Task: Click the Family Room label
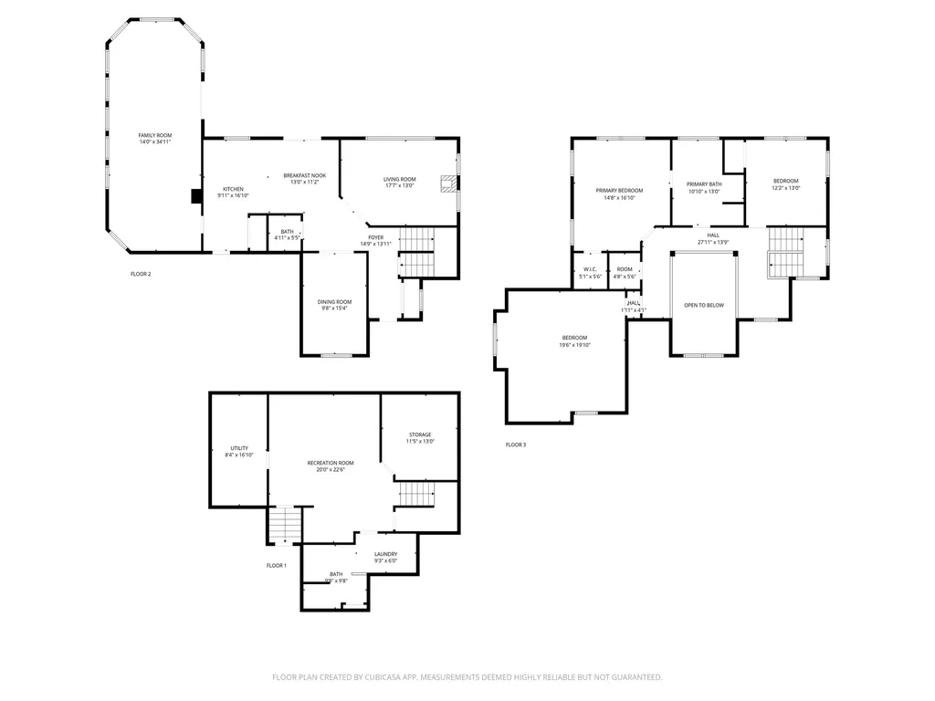coord(155,135)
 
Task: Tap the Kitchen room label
coord(234,189)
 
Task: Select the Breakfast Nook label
coord(305,175)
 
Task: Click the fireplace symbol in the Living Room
coord(448,184)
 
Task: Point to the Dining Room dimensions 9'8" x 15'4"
coord(334,309)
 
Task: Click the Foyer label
coord(375,237)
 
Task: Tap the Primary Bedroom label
coord(620,190)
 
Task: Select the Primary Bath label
coord(704,184)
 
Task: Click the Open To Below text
coord(704,305)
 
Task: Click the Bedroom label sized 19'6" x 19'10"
coord(575,338)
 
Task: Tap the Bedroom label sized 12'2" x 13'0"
coord(786,181)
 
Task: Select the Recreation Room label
coord(331,463)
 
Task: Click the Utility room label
coord(239,448)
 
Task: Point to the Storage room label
coord(420,434)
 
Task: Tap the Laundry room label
coord(385,554)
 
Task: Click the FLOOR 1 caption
coord(277,566)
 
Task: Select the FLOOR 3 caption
coord(516,445)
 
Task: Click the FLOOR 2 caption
coord(141,273)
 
